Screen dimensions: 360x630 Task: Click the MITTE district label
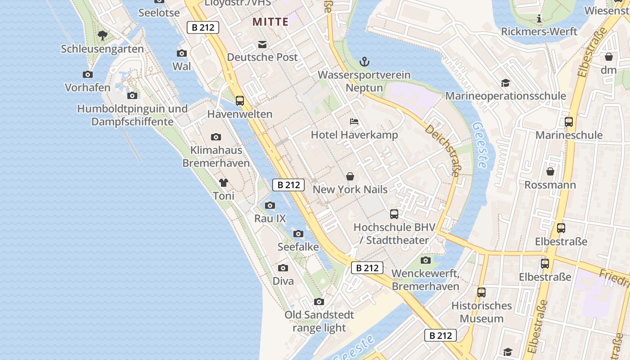(x=270, y=22)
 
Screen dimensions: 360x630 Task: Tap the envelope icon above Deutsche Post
(x=262, y=44)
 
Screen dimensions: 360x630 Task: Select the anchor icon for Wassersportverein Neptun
(x=364, y=62)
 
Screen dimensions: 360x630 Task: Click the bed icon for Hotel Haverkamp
(x=354, y=121)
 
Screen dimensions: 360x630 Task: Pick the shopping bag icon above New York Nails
(x=350, y=176)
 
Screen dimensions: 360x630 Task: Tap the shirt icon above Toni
(x=224, y=183)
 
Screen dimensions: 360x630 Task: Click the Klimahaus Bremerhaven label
(x=216, y=156)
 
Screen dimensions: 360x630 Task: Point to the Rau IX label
(x=270, y=219)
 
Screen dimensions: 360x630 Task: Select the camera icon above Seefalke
(x=298, y=234)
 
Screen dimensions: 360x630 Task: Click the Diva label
(x=283, y=281)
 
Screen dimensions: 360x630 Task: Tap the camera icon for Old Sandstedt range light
(x=319, y=301)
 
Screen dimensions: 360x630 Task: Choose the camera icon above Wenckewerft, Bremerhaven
(x=425, y=260)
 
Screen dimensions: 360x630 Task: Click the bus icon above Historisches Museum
(x=481, y=292)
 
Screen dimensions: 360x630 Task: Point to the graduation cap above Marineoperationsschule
(x=505, y=83)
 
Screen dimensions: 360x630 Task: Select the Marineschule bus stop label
(x=569, y=135)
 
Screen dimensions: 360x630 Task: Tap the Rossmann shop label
(x=550, y=185)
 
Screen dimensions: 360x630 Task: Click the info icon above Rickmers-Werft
(x=539, y=19)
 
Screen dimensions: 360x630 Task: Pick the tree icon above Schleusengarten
(x=103, y=35)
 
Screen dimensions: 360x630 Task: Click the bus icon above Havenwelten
(x=240, y=101)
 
